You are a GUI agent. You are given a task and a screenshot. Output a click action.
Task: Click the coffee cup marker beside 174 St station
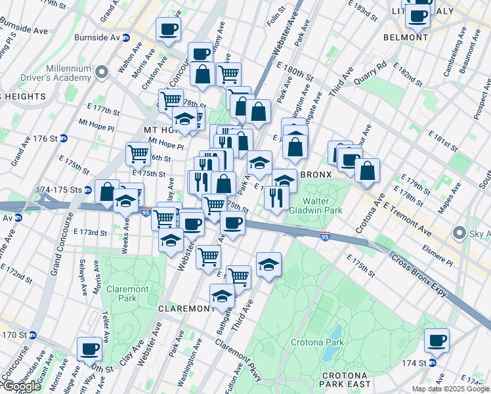pyautogui.click(x=436, y=341)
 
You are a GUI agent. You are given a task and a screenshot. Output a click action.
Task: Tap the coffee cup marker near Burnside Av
pyautogui.click(x=168, y=30)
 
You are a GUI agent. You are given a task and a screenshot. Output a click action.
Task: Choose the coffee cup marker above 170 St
pyautogui.click(x=89, y=349)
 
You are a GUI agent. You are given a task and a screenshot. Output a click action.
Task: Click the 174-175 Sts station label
pyautogui.click(x=60, y=190)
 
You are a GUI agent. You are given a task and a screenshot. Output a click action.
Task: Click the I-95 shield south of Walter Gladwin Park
pyautogui.click(x=325, y=235)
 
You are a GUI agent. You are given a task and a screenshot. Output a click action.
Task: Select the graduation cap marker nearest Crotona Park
pyautogui.click(x=268, y=265)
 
